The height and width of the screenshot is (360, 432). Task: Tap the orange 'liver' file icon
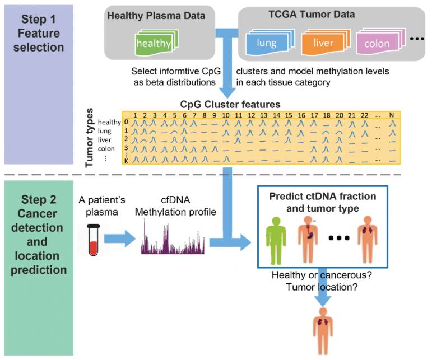(x=322, y=42)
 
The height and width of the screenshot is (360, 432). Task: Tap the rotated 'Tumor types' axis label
(x=89, y=138)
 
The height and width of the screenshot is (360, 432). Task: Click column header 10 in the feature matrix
(x=225, y=115)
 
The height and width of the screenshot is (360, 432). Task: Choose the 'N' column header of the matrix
(x=392, y=115)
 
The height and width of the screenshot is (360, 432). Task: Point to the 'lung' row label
(x=105, y=132)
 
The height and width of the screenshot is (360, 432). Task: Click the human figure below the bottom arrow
(x=323, y=334)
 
